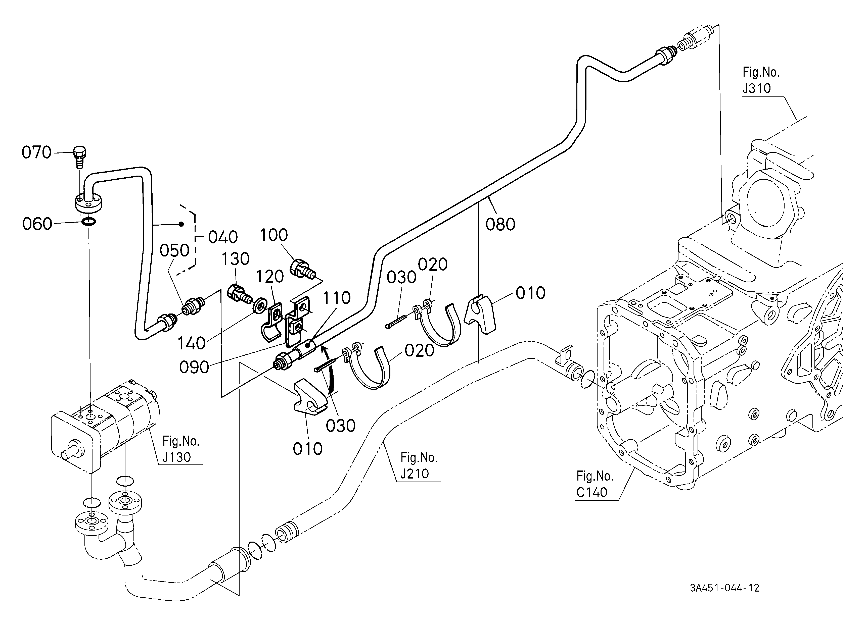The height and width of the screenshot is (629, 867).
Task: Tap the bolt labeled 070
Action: click(x=79, y=156)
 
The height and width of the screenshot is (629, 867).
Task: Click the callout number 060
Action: click(x=37, y=224)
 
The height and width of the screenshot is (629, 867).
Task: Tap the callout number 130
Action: click(x=236, y=259)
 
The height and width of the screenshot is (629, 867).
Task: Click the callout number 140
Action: click(x=192, y=343)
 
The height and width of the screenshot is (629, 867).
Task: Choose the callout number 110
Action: click(x=336, y=298)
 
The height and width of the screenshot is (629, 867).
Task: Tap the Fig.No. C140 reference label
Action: click(x=595, y=484)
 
